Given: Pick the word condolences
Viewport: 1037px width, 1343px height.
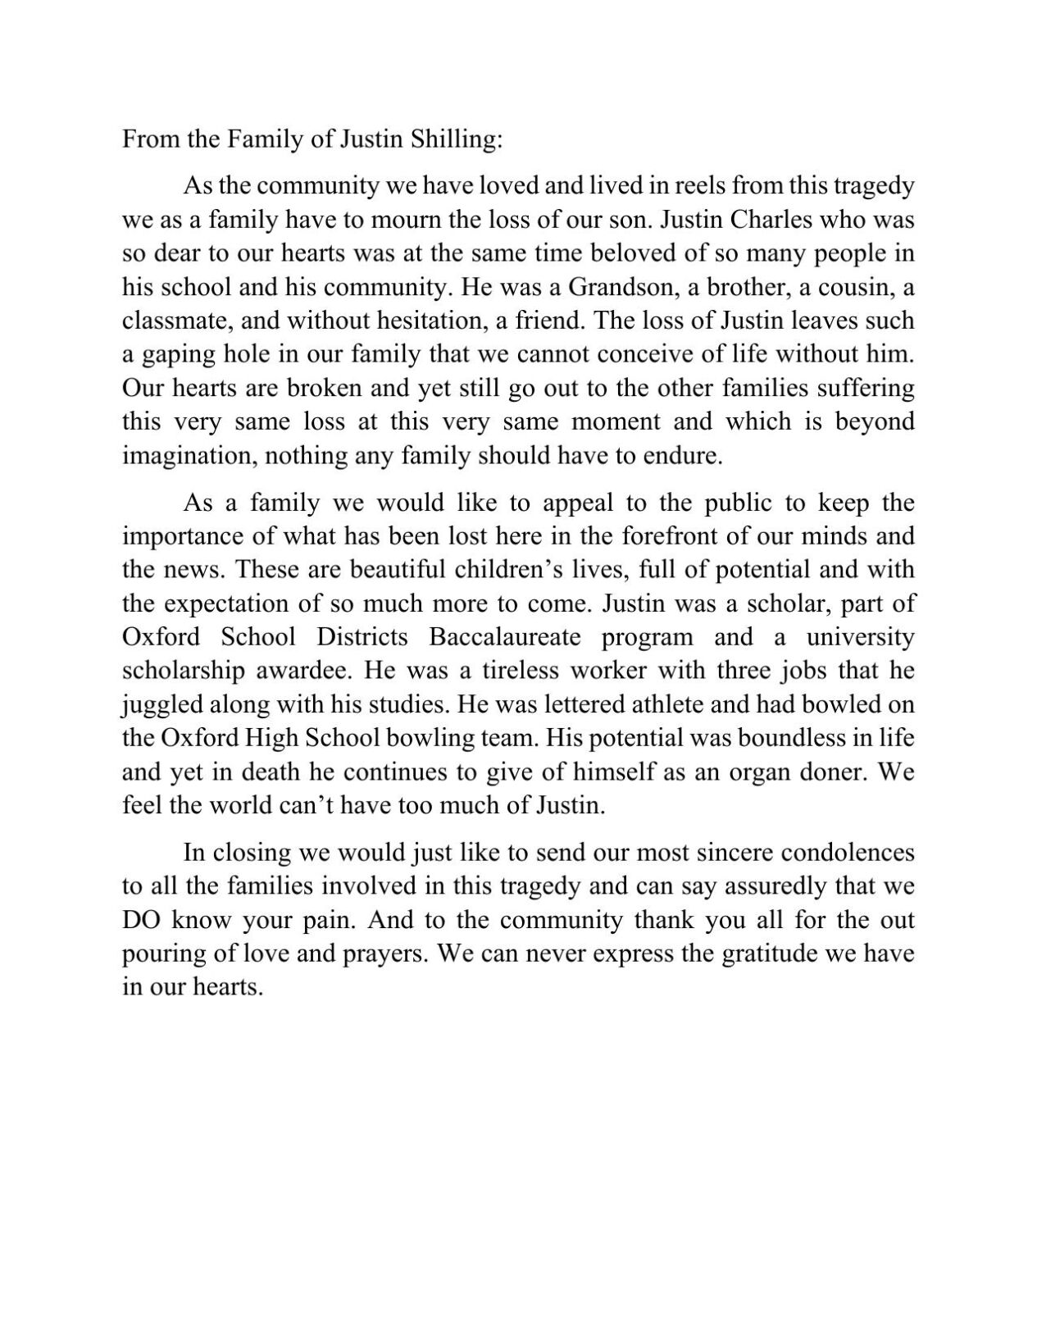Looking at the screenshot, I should tap(848, 853).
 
